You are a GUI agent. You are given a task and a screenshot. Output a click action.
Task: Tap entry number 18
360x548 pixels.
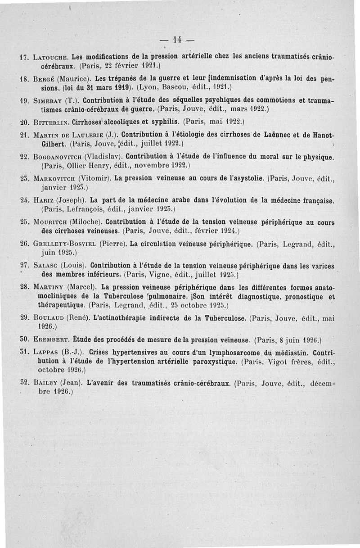[25, 78]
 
